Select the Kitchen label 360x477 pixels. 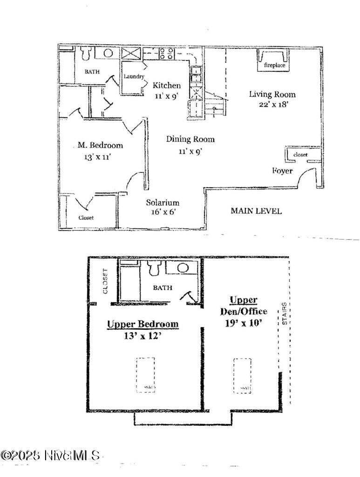[167, 85]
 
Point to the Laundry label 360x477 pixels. [134, 77]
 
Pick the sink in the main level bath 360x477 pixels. [108, 53]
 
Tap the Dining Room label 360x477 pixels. [190, 139]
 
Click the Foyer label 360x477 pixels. [282, 171]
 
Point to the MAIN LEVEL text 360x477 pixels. [256, 211]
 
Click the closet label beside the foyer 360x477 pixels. [300, 155]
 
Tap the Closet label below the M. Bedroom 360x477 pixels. [86, 218]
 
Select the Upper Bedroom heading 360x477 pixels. [143, 324]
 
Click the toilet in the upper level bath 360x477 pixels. [154, 269]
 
